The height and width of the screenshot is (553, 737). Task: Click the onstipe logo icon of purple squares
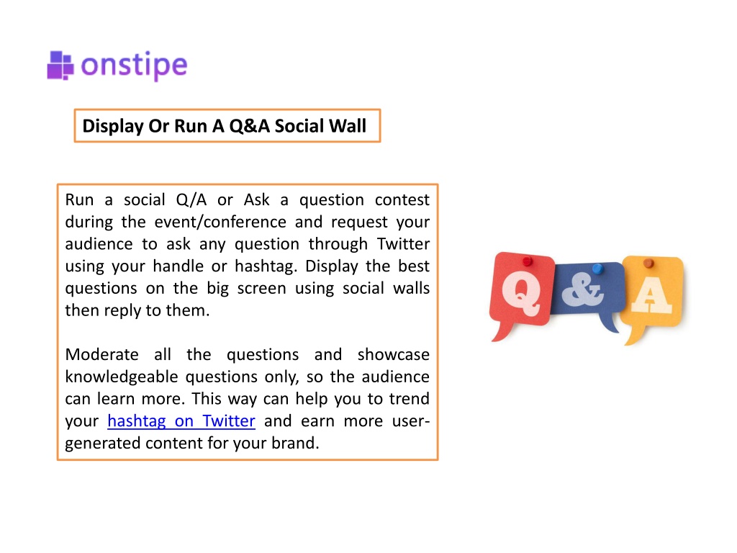point(60,66)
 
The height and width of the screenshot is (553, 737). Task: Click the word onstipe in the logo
point(135,66)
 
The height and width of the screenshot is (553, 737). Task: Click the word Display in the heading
point(113,127)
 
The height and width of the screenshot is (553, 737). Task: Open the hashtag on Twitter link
point(181,421)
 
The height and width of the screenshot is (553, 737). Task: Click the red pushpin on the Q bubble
point(528,260)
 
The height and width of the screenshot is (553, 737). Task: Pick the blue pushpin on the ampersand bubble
point(597,269)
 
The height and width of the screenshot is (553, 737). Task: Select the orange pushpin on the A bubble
point(648,263)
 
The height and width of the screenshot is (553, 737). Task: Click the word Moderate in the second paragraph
point(102,354)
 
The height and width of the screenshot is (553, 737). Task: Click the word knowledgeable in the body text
point(122,377)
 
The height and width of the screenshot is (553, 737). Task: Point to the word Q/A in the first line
point(191,200)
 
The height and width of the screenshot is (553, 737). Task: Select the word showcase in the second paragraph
point(394,354)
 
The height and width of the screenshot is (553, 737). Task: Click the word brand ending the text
point(295,443)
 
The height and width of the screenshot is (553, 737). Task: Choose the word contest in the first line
point(402,200)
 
